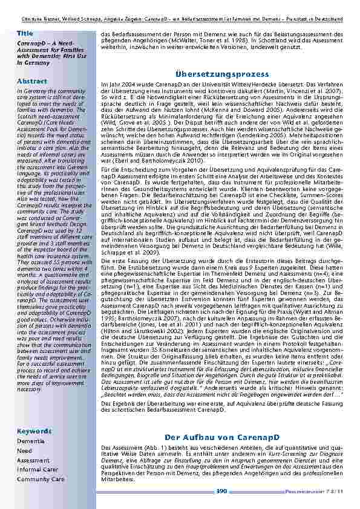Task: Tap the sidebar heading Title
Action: coord(25,32)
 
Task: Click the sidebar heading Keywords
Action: coord(34,431)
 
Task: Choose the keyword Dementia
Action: coord(30,441)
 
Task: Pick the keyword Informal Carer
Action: coord(38,469)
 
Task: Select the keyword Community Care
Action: coord(41,479)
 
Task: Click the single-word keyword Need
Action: coord(25,451)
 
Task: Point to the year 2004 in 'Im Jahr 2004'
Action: coord(125,85)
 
